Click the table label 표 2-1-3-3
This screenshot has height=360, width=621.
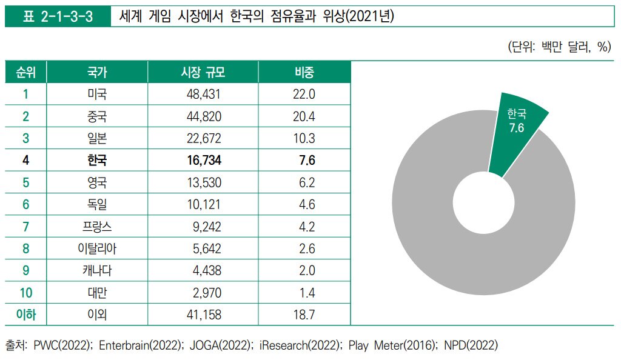[58, 16]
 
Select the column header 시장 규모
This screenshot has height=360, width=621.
[203, 73]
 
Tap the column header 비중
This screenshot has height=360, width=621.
[304, 73]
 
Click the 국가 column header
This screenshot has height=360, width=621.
[97, 73]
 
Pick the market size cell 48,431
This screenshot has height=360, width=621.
[204, 94]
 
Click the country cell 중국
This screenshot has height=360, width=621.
[97, 116]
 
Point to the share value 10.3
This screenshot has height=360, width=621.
[304, 138]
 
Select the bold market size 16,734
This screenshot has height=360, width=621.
[204, 160]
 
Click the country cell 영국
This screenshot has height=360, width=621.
[97, 182]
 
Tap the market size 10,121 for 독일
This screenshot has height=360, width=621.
[204, 204]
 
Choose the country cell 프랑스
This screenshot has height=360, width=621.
[97, 227]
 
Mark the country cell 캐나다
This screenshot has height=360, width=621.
[97, 271]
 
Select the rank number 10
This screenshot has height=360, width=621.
[25, 293]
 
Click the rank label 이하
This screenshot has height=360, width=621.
[25, 315]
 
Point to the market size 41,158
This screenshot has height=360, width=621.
[204, 315]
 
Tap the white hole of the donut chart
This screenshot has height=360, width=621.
[483, 204]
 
